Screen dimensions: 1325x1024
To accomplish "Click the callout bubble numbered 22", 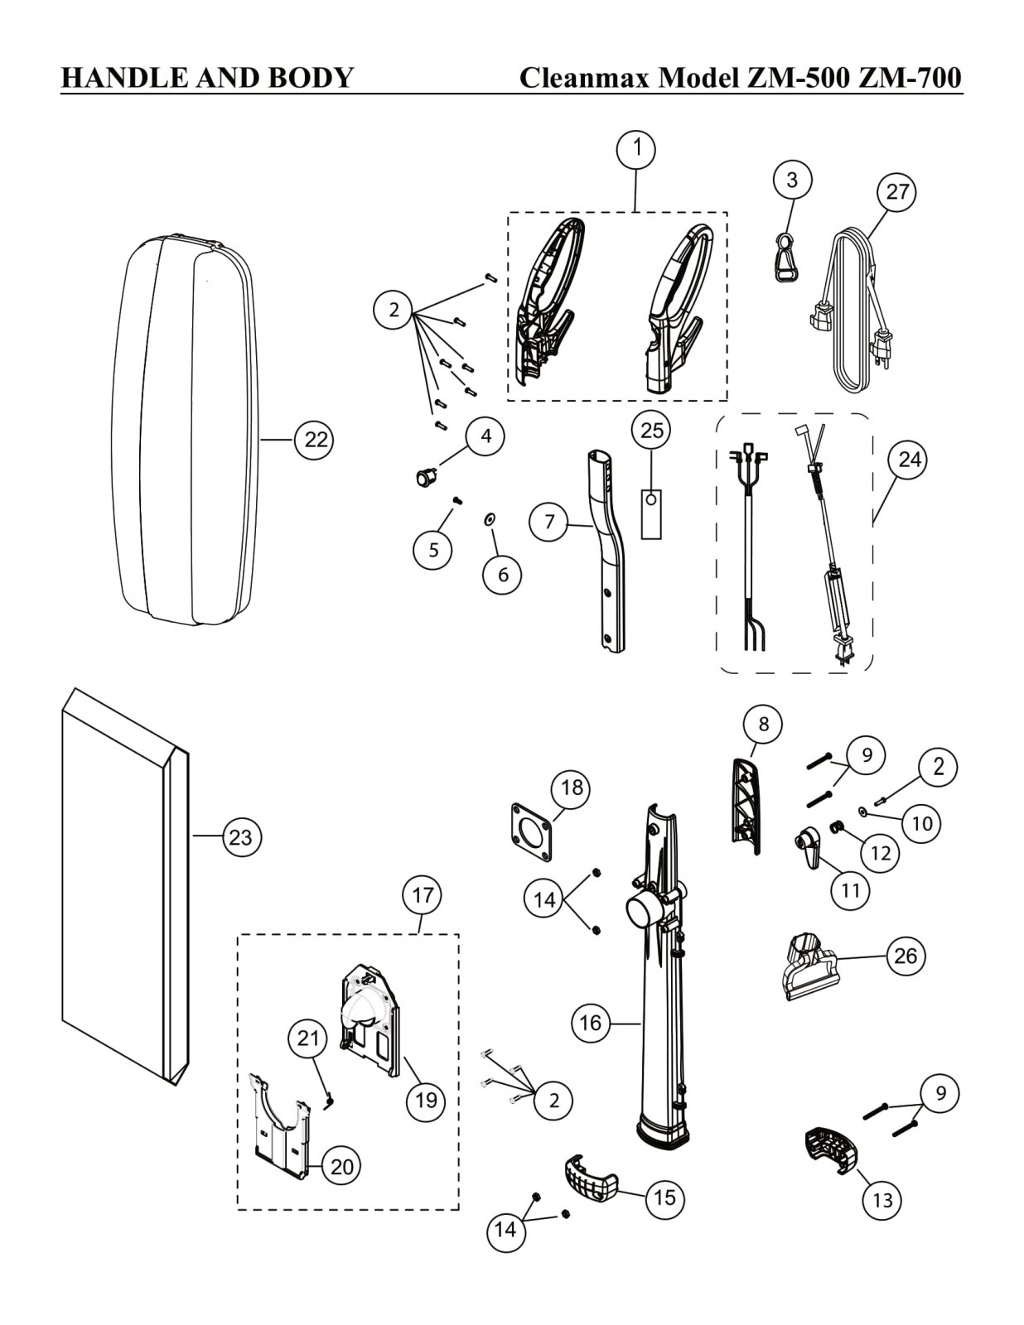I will (316, 440).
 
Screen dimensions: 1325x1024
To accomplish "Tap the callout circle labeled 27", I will (897, 191).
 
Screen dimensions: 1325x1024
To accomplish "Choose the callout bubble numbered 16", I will (590, 1024).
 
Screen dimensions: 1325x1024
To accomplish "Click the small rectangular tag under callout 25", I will (652, 514).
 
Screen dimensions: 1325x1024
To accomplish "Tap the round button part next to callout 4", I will (426, 476).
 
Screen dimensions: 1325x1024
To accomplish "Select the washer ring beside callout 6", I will (490, 519).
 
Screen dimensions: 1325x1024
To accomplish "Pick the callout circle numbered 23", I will (240, 837).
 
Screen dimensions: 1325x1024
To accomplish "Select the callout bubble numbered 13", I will (882, 1199).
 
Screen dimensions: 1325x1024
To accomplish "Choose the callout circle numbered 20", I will (341, 1166).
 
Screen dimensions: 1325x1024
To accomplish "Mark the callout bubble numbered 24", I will (909, 459).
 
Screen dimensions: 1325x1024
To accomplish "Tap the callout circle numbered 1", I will (636, 150).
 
